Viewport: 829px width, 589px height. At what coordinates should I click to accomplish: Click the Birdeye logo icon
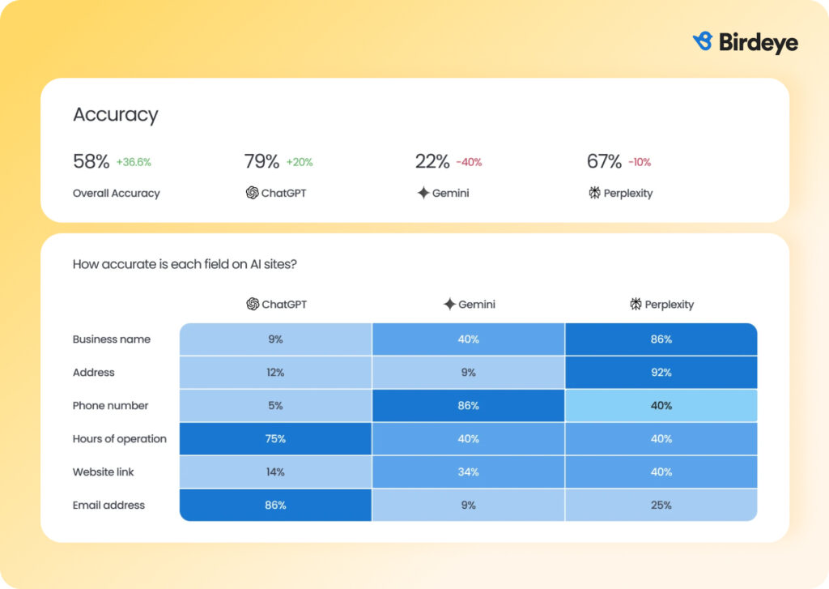pyautogui.click(x=703, y=41)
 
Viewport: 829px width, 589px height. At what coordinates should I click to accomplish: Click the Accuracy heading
pyautogui.click(x=115, y=115)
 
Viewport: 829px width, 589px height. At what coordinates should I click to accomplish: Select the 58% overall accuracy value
pyautogui.click(x=91, y=161)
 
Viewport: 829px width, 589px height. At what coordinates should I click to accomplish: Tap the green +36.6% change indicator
pyautogui.click(x=134, y=162)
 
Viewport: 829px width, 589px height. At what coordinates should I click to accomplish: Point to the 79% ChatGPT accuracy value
pyautogui.click(x=261, y=161)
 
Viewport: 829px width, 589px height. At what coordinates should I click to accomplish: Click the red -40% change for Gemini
pyautogui.click(x=469, y=162)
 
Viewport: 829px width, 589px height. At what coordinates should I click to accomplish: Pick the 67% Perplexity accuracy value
pyautogui.click(x=604, y=161)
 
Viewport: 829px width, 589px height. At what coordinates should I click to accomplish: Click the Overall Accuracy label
pyautogui.click(x=117, y=194)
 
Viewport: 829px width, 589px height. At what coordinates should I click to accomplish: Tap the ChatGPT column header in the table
pyautogui.click(x=276, y=305)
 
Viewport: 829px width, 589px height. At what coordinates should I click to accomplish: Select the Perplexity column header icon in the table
pyautogui.click(x=636, y=305)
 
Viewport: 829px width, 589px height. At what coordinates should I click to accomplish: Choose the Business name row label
pyautogui.click(x=112, y=339)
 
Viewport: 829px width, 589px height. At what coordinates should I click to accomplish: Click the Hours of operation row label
pyautogui.click(x=120, y=439)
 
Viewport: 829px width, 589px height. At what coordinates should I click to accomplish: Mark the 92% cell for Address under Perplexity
pyautogui.click(x=661, y=373)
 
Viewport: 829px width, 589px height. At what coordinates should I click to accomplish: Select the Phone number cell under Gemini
pyautogui.click(x=468, y=406)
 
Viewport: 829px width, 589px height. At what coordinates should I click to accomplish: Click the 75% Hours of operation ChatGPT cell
pyautogui.click(x=275, y=439)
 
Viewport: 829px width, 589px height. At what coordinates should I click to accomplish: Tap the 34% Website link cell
pyautogui.click(x=468, y=472)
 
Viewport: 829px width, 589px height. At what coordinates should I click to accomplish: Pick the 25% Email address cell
pyautogui.click(x=661, y=506)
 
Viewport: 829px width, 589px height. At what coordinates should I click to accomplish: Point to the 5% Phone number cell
pyautogui.click(x=275, y=406)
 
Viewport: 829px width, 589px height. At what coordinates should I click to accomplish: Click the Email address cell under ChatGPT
pyautogui.click(x=275, y=506)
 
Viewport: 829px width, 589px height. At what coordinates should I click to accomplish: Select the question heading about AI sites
pyautogui.click(x=184, y=264)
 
